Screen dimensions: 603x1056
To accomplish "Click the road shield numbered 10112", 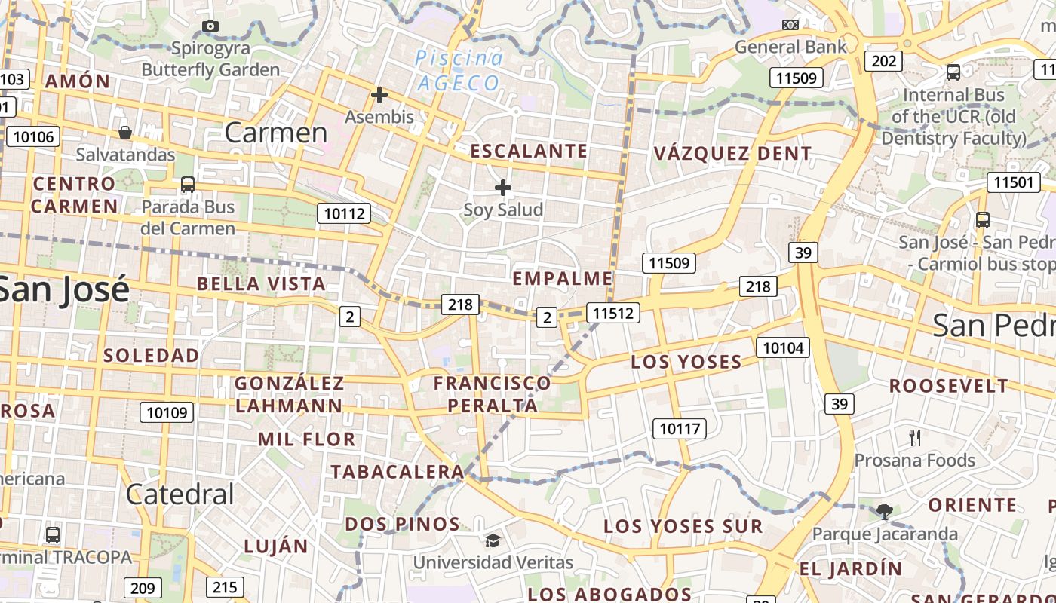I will pyautogui.click(x=344, y=213).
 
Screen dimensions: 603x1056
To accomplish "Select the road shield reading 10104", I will pyautogui.click(x=783, y=347).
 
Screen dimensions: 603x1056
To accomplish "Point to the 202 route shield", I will pyautogui.click(x=883, y=60).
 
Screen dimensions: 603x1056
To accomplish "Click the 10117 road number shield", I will pyautogui.click(x=680, y=429).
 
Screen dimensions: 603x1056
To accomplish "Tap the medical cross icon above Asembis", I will pyautogui.click(x=379, y=95).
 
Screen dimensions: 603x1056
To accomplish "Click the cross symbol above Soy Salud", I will pyautogui.click(x=503, y=187).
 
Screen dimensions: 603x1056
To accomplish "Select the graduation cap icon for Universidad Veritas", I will pyautogui.click(x=493, y=540).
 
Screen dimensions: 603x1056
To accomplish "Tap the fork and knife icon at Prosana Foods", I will pyautogui.click(x=915, y=438).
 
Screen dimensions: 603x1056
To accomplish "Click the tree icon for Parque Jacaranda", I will pyautogui.click(x=885, y=512).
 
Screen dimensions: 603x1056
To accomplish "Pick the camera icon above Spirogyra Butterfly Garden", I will pyautogui.click(x=211, y=26).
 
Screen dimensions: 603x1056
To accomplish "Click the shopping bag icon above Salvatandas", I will pyautogui.click(x=125, y=133).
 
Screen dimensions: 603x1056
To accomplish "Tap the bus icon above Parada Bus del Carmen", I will pyautogui.click(x=187, y=184).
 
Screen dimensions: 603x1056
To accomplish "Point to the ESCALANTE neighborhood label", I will pyautogui.click(x=529, y=151).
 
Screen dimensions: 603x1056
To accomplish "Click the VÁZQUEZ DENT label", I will pyautogui.click(x=732, y=154).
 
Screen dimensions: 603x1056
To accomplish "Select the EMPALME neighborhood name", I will pyautogui.click(x=563, y=278).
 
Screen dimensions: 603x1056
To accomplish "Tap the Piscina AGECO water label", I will pyautogui.click(x=458, y=70).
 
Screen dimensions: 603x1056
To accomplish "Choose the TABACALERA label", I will pyautogui.click(x=398, y=472).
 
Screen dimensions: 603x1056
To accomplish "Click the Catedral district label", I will pyautogui.click(x=180, y=494).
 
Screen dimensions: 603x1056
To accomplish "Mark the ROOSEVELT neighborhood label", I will pyautogui.click(x=948, y=386).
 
